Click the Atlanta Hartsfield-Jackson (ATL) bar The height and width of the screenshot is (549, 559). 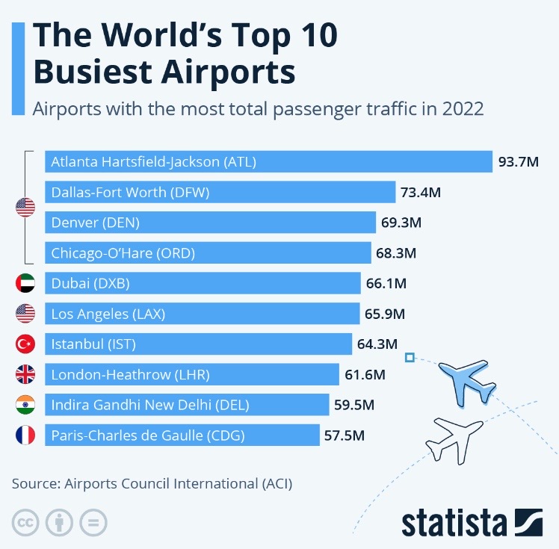[x=268, y=161]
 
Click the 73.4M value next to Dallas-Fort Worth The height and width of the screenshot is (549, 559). [x=421, y=192]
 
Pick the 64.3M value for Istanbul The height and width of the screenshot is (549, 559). [x=377, y=344]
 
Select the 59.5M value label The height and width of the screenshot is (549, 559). [x=355, y=405]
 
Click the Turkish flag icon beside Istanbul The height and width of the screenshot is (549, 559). [x=25, y=344]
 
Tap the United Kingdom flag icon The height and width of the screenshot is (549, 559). [x=25, y=374]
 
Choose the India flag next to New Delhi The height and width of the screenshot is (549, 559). [x=25, y=405]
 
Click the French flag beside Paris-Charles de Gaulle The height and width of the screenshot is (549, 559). [x=25, y=435]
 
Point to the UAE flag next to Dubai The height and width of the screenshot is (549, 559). [x=25, y=283]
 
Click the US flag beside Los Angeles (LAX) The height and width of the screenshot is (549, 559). [x=25, y=314]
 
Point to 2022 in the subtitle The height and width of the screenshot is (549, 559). [x=463, y=108]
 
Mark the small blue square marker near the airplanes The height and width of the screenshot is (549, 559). [x=409, y=358]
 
